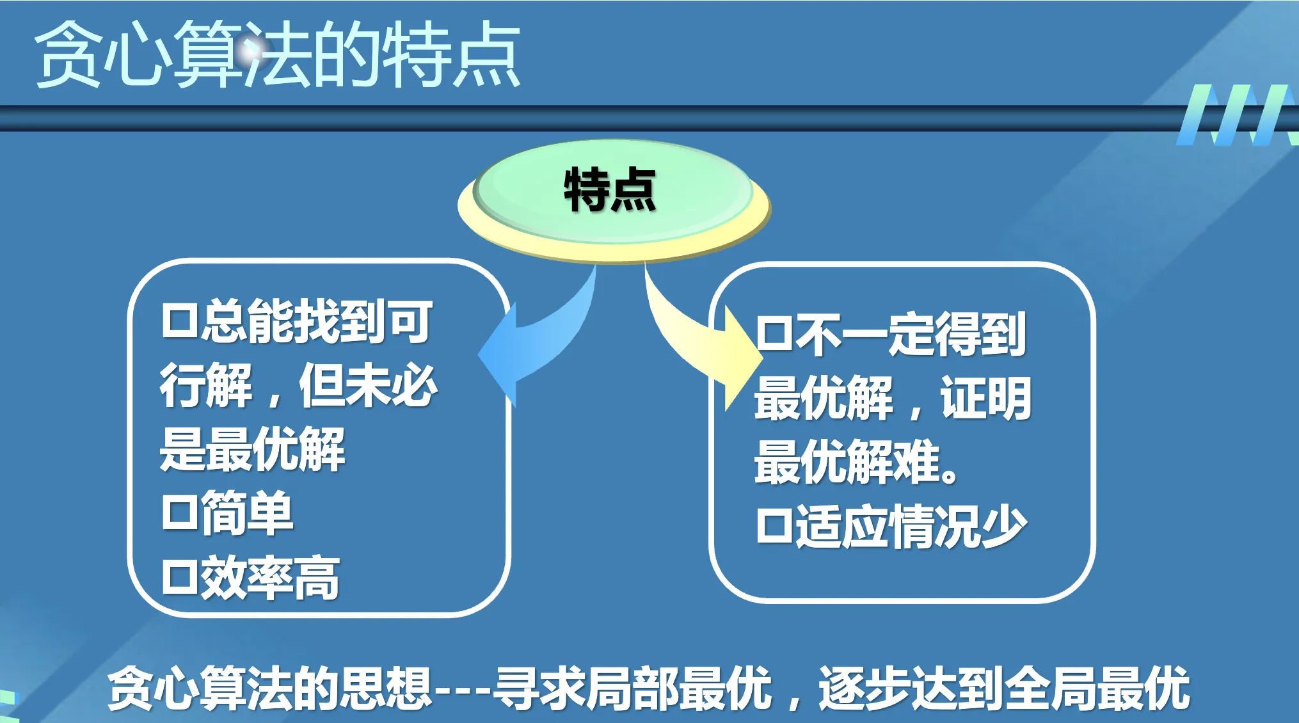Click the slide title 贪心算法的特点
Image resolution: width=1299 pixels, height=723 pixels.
(x=277, y=54)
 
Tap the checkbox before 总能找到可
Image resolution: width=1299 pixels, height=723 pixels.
(x=180, y=321)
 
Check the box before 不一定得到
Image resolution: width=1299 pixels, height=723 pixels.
(x=774, y=333)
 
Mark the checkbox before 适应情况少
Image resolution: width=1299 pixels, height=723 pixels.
(x=774, y=526)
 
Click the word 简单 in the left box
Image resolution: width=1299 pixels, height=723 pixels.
(x=247, y=513)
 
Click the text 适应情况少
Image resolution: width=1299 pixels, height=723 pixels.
(x=911, y=527)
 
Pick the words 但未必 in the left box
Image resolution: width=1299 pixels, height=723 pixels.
(x=368, y=385)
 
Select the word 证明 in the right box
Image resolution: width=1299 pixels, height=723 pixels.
(x=985, y=398)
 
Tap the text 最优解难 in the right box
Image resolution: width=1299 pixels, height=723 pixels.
(x=847, y=462)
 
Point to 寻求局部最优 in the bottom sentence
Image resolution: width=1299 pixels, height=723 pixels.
(x=632, y=688)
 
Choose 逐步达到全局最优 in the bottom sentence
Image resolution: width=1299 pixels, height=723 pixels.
(x=1004, y=688)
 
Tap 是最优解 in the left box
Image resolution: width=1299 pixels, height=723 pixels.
(x=253, y=449)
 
